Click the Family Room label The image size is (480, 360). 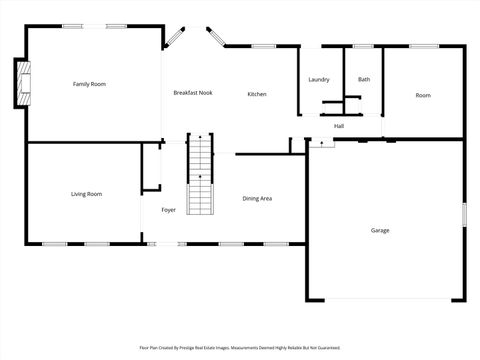click(89, 84)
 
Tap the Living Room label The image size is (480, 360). click(86, 194)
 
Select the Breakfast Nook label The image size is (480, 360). click(192, 93)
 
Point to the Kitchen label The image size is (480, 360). click(257, 94)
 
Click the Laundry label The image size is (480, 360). click(319, 80)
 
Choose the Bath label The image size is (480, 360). click(364, 80)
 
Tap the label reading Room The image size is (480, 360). click(423, 95)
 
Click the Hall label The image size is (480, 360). click(339, 126)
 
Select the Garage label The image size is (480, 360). click(380, 230)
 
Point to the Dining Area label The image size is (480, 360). click(257, 198)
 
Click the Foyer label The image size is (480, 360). click(169, 210)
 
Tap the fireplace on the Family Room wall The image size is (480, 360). click(21, 84)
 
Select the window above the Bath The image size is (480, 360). click(364, 46)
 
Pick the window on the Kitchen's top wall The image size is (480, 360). click(264, 46)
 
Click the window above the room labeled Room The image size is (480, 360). click(422, 46)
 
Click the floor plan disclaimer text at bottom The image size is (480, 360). click(239, 349)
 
